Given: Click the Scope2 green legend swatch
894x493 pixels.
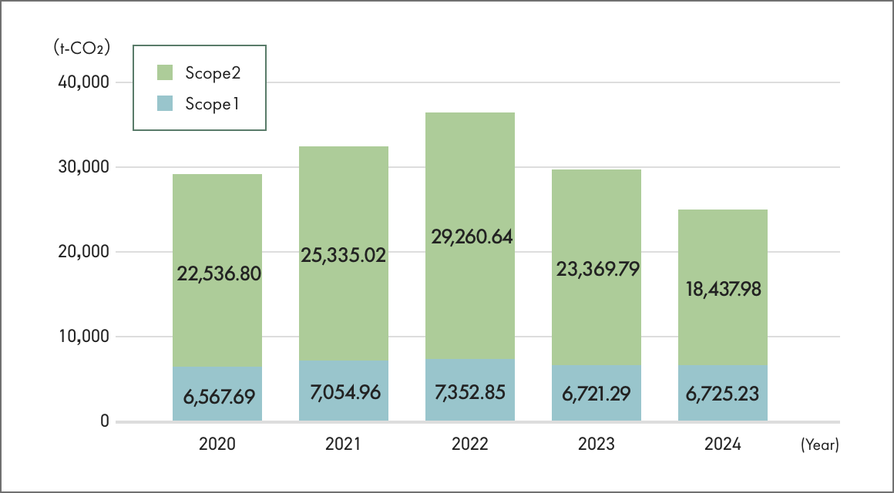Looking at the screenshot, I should (165, 73).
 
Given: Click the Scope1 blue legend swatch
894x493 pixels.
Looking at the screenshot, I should (165, 103).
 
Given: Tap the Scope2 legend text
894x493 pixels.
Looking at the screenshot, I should (213, 73).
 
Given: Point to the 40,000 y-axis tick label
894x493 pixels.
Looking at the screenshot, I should (84, 82).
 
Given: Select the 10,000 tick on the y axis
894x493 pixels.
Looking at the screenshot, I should (84, 337).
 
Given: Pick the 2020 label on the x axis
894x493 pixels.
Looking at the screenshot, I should (217, 444).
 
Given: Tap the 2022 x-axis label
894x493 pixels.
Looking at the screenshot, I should (470, 444).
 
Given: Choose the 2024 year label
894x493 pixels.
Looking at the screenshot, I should (722, 444).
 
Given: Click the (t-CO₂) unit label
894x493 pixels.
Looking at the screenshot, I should (82, 48).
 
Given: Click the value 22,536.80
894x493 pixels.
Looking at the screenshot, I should (218, 273).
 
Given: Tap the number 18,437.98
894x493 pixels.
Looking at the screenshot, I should (723, 289).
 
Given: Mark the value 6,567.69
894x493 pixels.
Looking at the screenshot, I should (218, 397).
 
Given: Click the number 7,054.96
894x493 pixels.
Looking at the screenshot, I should (344, 392).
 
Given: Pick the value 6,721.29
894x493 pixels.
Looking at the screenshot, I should (597, 394).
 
